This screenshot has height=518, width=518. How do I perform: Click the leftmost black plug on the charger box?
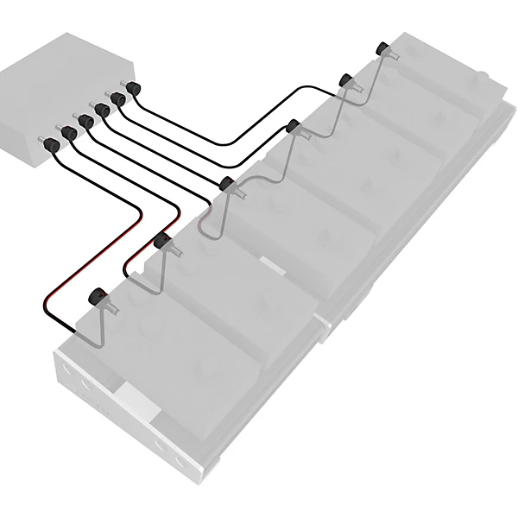(53, 146)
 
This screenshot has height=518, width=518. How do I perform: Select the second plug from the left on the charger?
(70, 132)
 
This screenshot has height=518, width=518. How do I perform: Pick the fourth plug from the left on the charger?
(103, 110)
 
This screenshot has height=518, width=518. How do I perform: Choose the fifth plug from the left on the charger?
(118, 99)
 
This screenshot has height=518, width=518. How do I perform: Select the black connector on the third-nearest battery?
(226, 183)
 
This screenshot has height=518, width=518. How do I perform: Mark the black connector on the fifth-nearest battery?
(345, 80)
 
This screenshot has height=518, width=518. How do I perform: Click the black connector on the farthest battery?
(382, 47)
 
